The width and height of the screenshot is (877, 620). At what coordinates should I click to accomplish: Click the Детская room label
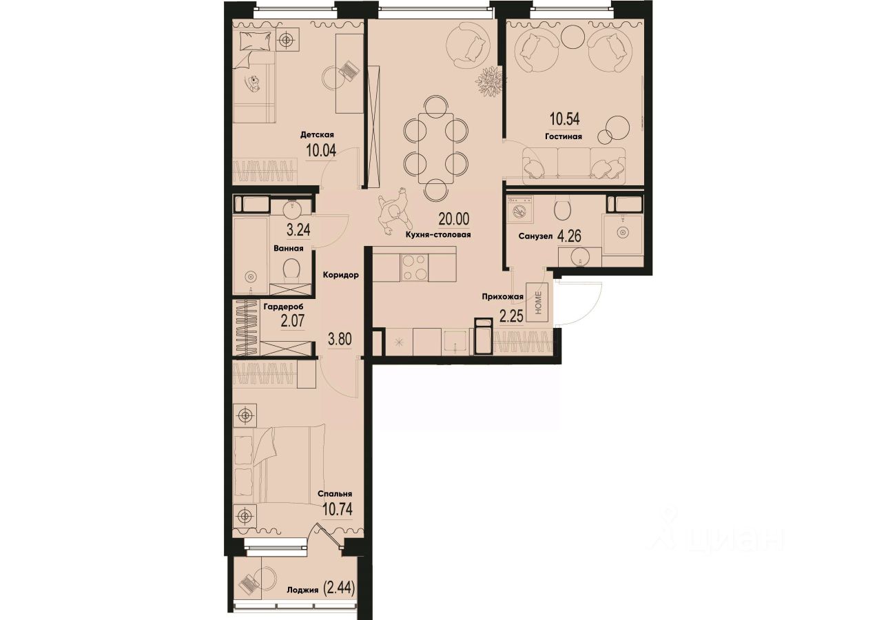click(317, 135)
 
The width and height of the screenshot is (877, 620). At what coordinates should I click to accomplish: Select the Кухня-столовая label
click(438, 234)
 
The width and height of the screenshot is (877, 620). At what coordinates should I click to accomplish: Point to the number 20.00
click(453, 220)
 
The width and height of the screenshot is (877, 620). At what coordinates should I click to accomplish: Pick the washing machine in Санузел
click(520, 208)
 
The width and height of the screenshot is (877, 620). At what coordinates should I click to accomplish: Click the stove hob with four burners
click(413, 267)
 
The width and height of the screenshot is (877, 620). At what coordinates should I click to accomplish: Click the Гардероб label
click(282, 306)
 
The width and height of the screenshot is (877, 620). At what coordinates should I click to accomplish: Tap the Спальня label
click(335, 494)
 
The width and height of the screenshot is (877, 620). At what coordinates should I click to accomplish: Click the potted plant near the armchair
click(488, 79)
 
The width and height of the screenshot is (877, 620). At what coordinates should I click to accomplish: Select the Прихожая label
click(503, 298)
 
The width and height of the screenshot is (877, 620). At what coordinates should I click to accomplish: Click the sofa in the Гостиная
click(573, 165)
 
